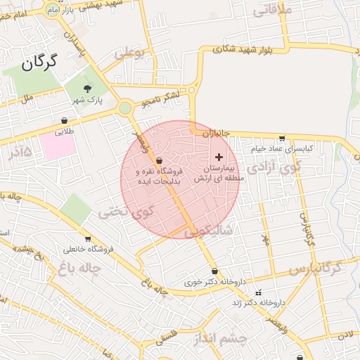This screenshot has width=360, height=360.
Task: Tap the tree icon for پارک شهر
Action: click(x=87, y=88)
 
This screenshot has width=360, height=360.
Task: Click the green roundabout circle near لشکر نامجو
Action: click(x=125, y=108)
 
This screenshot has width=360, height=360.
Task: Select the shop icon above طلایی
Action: click(x=64, y=120)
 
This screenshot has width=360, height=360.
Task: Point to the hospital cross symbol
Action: click(x=218, y=157)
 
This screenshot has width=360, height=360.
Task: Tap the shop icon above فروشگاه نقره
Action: click(x=159, y=161)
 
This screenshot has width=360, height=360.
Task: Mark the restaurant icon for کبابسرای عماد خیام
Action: click(x=282, y=139)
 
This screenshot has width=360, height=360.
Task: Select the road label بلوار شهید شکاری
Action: click(x=245, y=50)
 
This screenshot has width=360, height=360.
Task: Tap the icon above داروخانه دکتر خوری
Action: click(x=214, y=272)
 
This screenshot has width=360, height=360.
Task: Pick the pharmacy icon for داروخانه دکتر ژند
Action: click(x=259, y=292)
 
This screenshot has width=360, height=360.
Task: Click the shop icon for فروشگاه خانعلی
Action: click(x=88, y=239)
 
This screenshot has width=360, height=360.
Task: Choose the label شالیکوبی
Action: click(x=208, y=230)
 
